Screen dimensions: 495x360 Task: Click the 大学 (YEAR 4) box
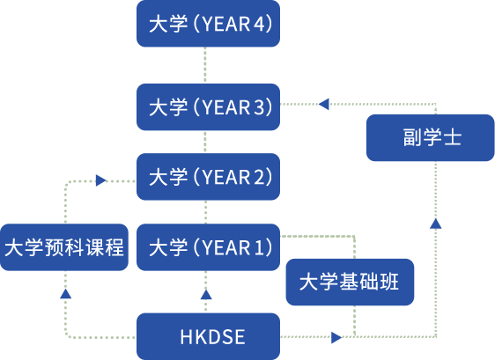pyautogui.click(x=208, y=24)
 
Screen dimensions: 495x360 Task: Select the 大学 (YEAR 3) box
pyautogui.click(x=208, y=107)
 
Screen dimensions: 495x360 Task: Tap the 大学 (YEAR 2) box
pyautogui.click(x=208, y=177)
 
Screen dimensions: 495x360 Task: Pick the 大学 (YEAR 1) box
pyautogui.click(x=208, y=247)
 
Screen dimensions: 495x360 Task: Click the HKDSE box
pyautogui.click(x=208, y=336)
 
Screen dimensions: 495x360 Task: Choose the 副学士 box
pyautogui.click(x=431, y=137)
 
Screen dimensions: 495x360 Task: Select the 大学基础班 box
pyautogui.click(x=350, y=282)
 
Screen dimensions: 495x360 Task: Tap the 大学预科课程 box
pyautogui.click(x=64, y=247)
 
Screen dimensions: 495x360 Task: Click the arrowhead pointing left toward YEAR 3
pyautogui.click(x=324, y=104)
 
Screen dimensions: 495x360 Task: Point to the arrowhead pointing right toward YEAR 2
pyautogui.click(x=101, y=180)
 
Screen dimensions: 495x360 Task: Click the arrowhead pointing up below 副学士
pyautogui.click(x=436, y=224)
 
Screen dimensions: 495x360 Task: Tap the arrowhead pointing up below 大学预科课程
pyautogui.click(x=66, y=293)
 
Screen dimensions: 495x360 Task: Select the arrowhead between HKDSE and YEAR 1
pyautogui.click(x=206, y=294)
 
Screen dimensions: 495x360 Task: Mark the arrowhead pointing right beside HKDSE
pyautogui.click(x=336, y=338)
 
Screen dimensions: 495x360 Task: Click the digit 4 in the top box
pyautogui.click(x=260, y=24)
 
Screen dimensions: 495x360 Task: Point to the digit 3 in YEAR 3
pyautogui.click(x=260, y=107)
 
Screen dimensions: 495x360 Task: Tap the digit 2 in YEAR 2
pyautogui.click(x=260, y=177)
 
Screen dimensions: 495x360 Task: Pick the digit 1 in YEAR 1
pyautogui.click(x=259, y=247)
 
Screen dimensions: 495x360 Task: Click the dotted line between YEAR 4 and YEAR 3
pyautogui.click(x=205, y=65)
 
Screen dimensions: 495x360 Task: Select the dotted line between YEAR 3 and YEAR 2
pyautogui.click(x=205, y=142)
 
